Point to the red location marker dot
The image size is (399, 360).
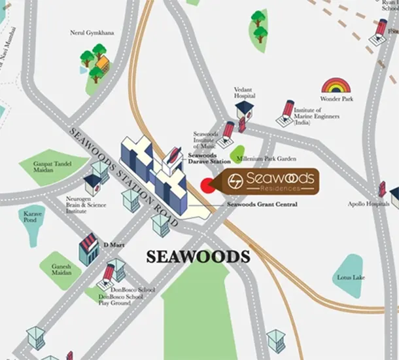tap(207, 185)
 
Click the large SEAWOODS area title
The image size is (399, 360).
tap(198, 256)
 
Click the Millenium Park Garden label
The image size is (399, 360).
tap(267, 159)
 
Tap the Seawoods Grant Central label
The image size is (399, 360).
tap(262, 205)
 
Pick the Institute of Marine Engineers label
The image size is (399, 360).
tap(316, 117)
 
